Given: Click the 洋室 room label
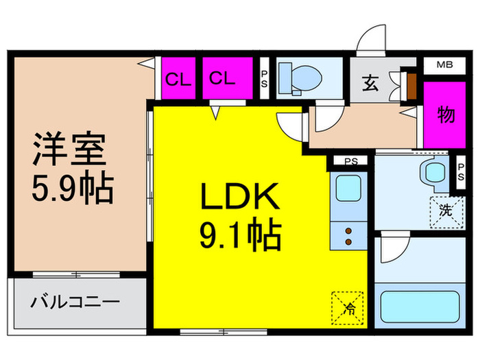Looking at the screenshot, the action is [x=70, y=149].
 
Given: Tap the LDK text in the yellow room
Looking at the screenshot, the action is [x=240, y=196].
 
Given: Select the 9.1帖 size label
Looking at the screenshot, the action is [x=241, y=234].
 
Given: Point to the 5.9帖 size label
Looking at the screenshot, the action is [x=73, y=188].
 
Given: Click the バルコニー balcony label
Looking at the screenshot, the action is [x=75, y=302].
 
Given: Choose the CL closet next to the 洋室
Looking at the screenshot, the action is [x=178, y=78].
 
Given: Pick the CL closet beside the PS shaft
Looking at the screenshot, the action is [x=228, y=78].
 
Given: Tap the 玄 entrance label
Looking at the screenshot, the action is [x=370, y=83].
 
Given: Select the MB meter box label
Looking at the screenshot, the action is [x=445, y=64].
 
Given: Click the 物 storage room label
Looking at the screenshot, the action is [x=446, y=115].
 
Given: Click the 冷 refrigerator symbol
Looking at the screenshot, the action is [x=348, y=309].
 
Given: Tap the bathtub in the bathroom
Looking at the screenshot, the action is [x=420, y=306].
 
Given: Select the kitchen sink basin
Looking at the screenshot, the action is [x=348, y=189].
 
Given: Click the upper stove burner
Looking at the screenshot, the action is [x=348, y=231].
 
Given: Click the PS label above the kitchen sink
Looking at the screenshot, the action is [x=351, y=161].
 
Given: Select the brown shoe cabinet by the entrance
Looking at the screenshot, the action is [x=411, y=86].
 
